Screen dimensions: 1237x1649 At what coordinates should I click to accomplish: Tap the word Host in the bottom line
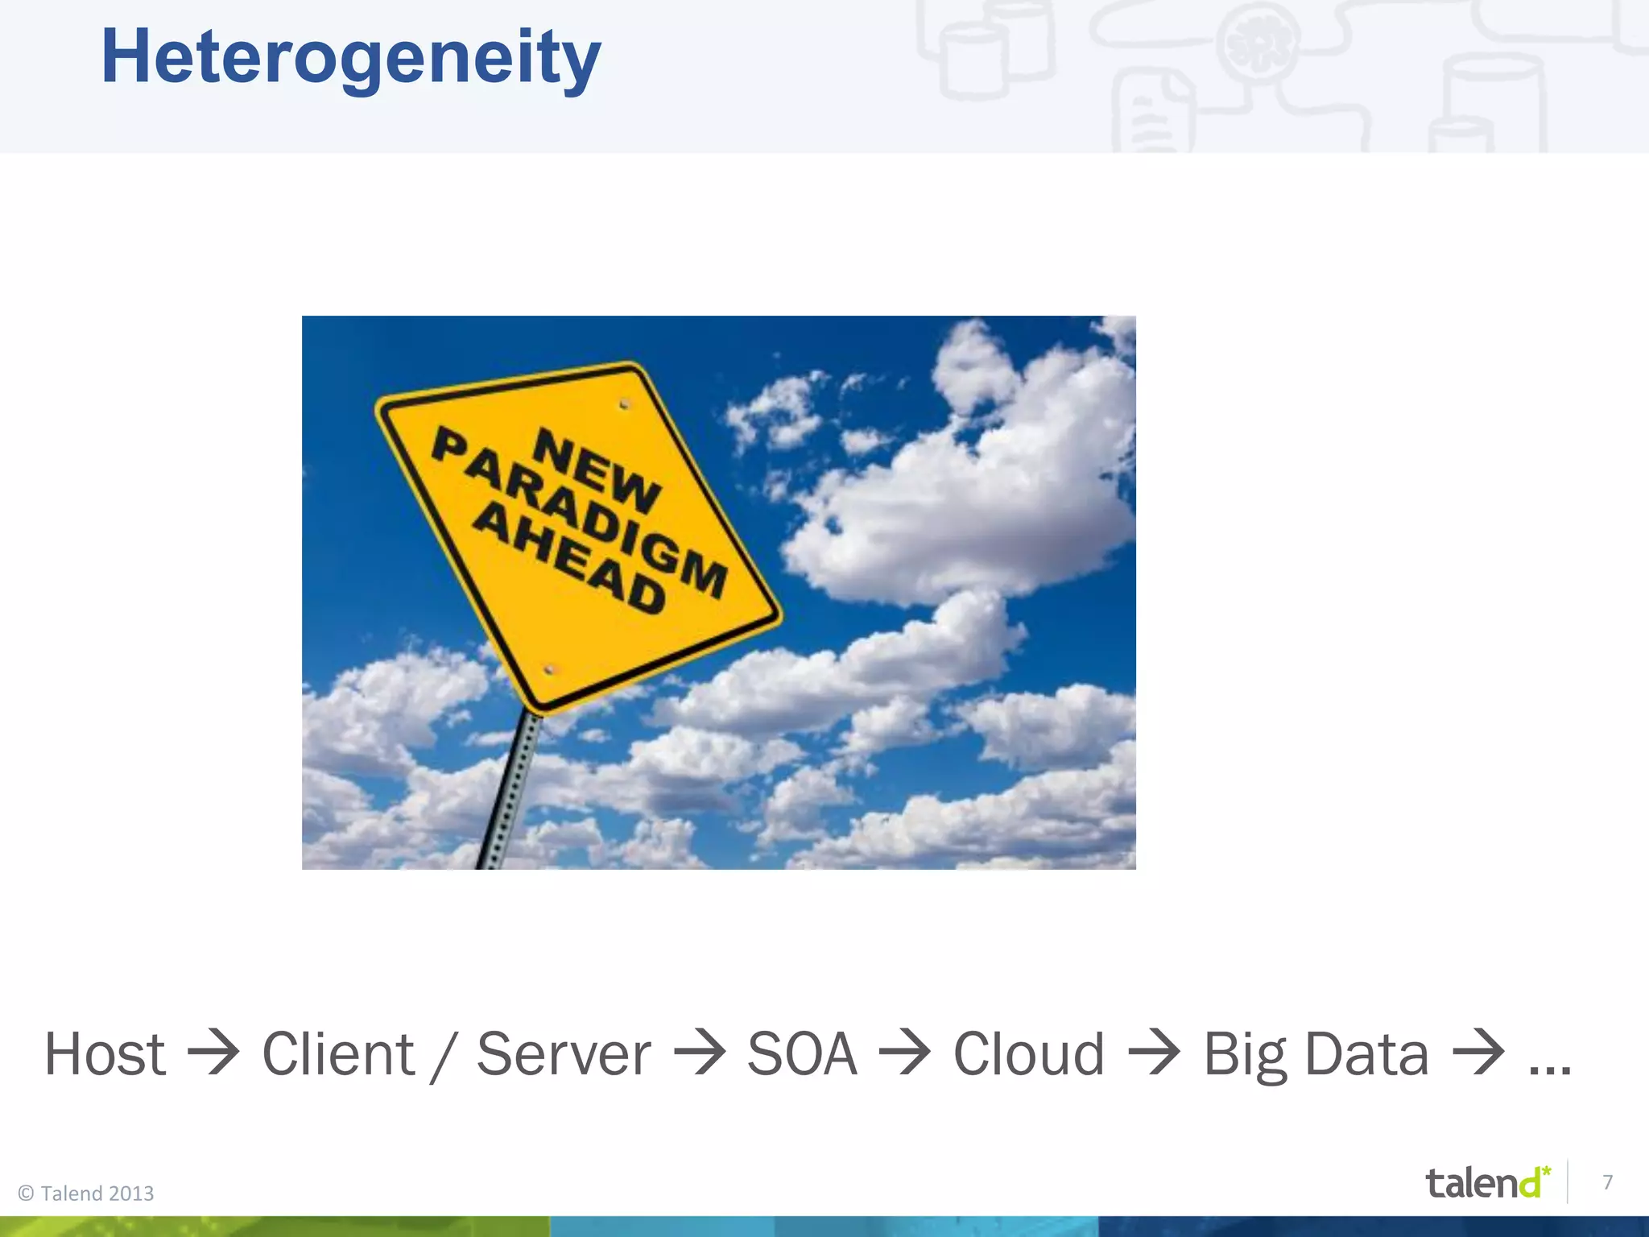[105, 1054]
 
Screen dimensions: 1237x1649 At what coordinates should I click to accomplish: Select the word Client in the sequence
[338, 1054]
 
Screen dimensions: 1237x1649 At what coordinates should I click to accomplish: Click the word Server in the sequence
[564, 1054]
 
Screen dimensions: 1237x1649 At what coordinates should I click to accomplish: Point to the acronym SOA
[802, 1054]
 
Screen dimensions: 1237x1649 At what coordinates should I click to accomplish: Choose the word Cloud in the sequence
[1028, 1054]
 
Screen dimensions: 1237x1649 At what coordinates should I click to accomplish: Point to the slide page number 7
[1607, 1182]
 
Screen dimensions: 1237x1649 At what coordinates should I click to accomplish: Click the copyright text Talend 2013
[86, 1194]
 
